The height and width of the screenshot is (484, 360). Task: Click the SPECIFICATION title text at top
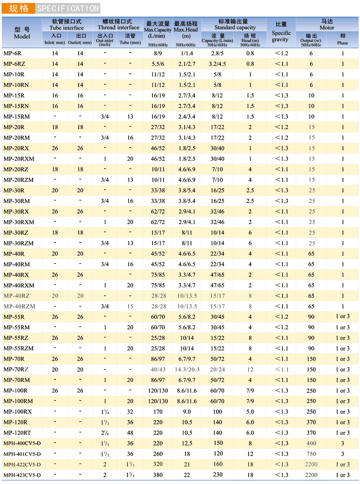coord(68,8)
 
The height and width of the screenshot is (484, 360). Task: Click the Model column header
coord(22,33)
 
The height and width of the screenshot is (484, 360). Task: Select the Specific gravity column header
coord(281,33)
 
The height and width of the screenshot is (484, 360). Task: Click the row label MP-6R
coord(14,54)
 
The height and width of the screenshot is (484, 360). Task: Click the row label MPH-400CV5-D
coord(22,443)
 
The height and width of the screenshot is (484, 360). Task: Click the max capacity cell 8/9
coord(158,54)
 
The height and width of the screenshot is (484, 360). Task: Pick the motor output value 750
coord(311,454)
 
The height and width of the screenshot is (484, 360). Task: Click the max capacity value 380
coord(158,475)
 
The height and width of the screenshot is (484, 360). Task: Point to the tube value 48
coord(130,433)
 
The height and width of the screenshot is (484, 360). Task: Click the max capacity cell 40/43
coord(158,370)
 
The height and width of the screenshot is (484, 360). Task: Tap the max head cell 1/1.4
coord(187,54)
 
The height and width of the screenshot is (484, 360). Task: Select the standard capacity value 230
coord(218,475)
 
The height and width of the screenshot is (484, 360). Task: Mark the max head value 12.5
coord(187,443)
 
